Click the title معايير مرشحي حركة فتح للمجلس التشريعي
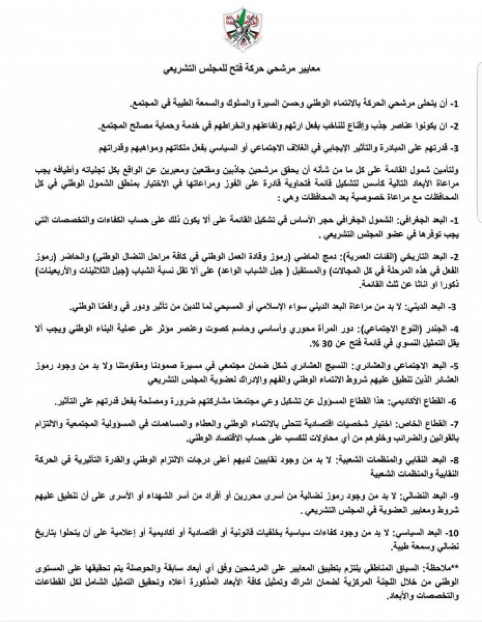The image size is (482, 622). [x=242, y=70]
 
